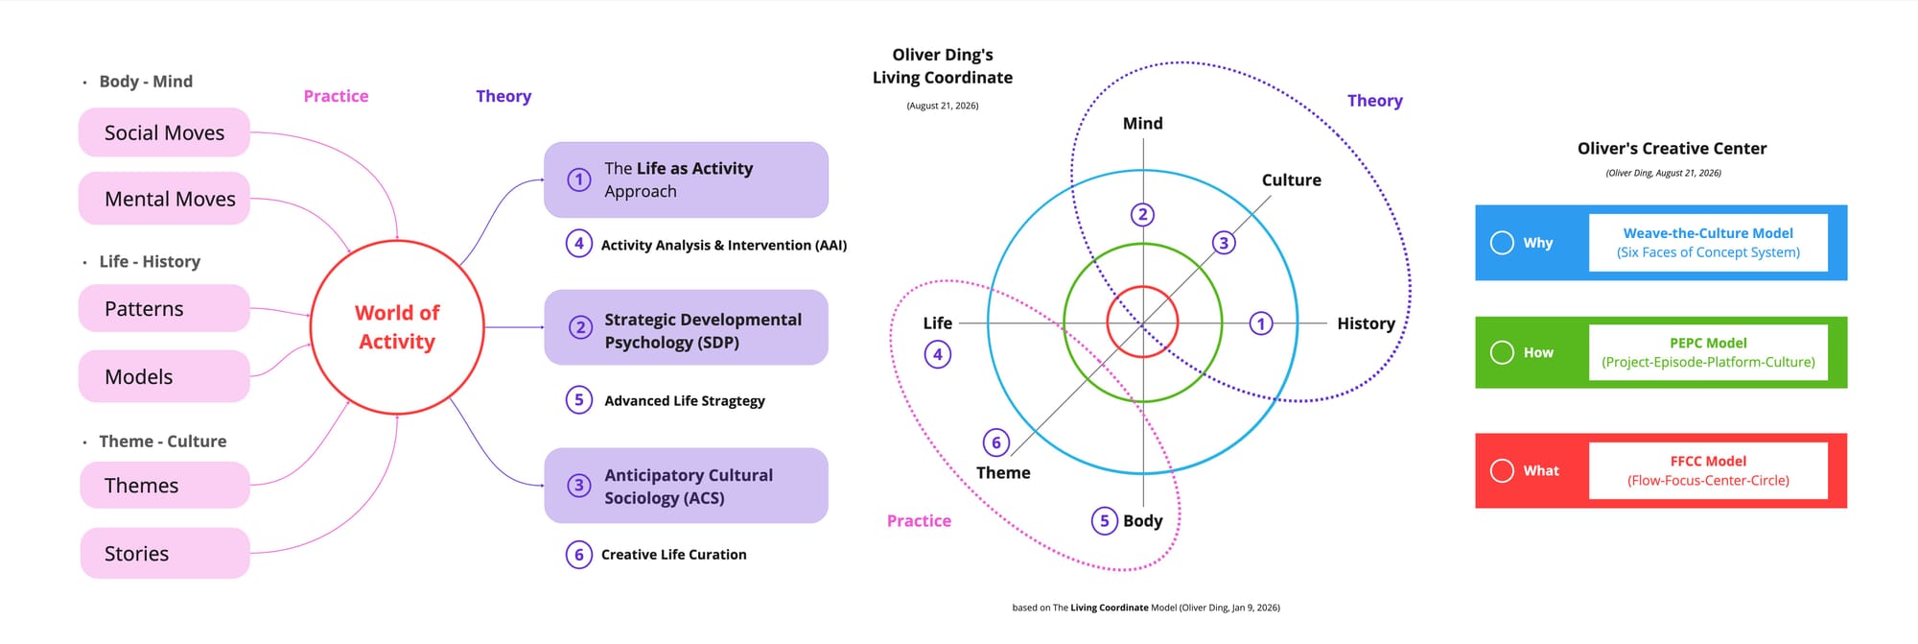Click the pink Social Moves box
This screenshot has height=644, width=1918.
164,132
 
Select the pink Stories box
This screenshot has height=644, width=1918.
165,553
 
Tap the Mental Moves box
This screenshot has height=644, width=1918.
164,199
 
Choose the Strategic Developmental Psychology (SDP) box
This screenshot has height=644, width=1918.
686,327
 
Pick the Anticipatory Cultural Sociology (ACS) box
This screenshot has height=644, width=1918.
686,486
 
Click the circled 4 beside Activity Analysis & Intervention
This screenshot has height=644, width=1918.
578,244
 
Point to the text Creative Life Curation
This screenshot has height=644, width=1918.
673,555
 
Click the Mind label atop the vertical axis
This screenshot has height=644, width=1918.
1143,123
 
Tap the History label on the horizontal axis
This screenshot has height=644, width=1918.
1366,323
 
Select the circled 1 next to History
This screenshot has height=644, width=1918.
1261,323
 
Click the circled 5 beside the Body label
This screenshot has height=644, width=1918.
1104,520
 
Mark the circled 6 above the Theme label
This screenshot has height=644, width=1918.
996,442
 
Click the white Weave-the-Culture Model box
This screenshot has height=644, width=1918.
1708,243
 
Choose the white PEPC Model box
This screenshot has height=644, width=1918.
1708,352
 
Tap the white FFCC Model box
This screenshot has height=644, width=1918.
1708,470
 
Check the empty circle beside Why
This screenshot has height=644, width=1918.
1502,243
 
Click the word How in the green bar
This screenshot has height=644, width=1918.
1538,352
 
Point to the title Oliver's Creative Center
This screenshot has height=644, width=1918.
1672,149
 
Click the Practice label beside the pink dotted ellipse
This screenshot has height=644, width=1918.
919,521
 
